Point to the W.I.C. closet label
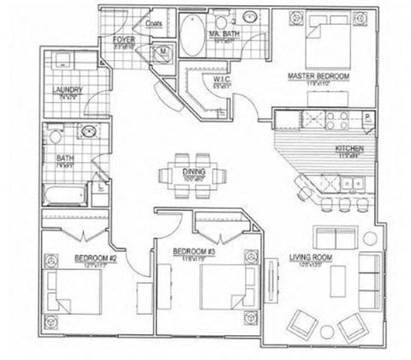pos(219,80)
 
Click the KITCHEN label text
pos(349,149)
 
